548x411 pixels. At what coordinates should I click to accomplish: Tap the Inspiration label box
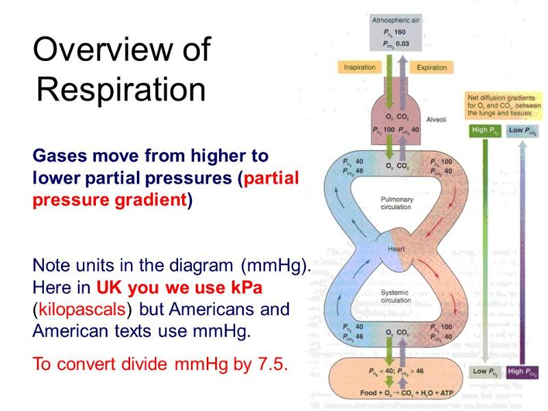coord(360,67)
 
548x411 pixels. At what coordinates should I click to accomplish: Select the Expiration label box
coord(432,67)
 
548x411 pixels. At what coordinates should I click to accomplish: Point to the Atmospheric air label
coord(395,21)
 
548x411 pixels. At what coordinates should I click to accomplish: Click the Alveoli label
coord(436,119)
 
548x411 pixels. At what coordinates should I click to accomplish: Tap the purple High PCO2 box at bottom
coord(523,371)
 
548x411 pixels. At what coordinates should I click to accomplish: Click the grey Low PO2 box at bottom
coord(485,371)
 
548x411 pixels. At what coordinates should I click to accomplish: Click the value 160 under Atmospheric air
coord(400,32)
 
